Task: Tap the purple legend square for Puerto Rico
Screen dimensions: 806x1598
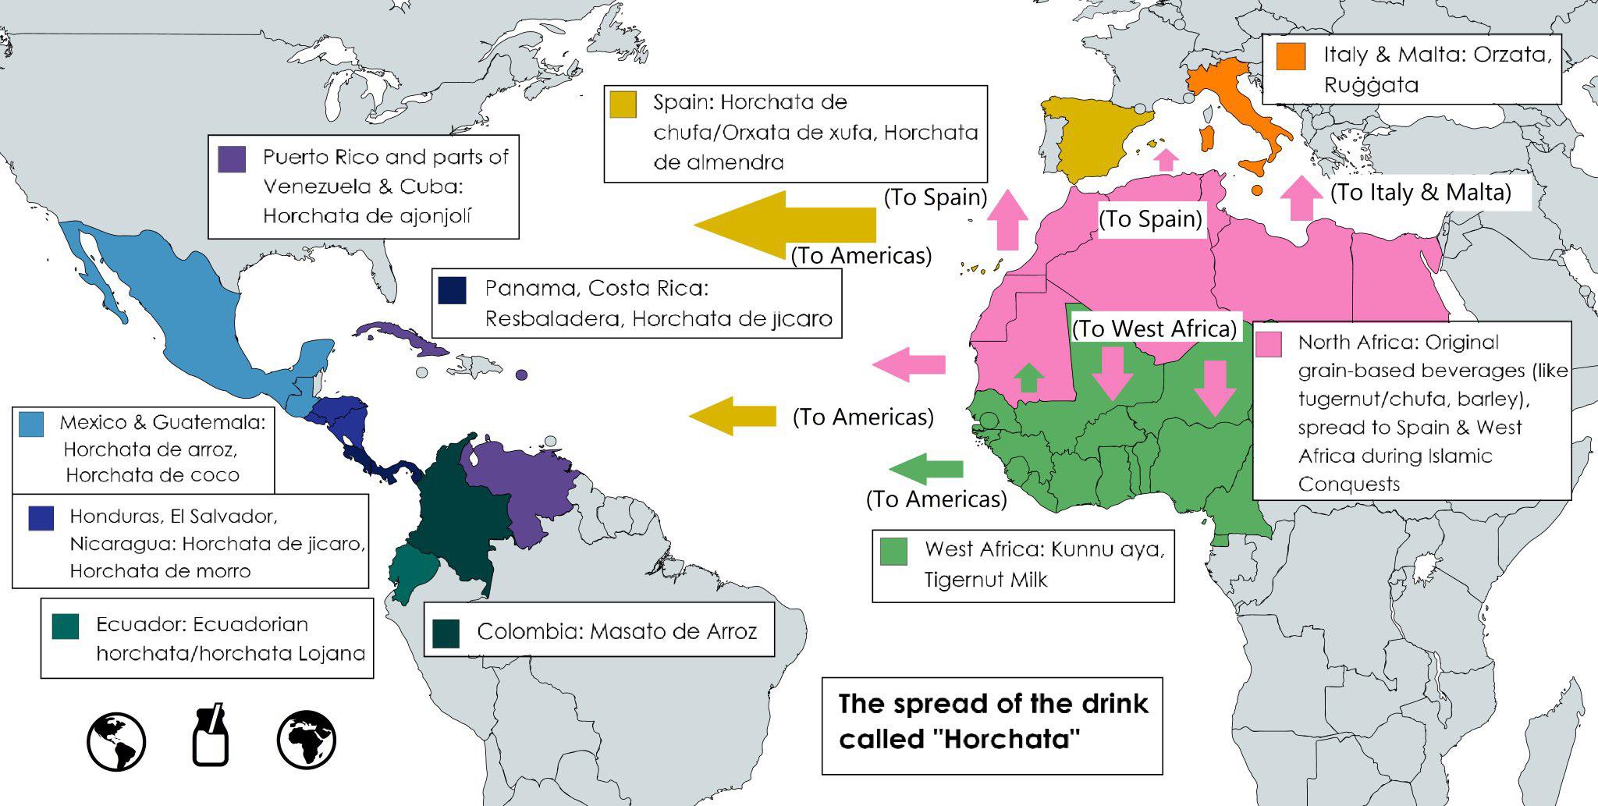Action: pos(233,158)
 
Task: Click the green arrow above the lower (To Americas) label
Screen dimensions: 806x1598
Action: pos(926,468)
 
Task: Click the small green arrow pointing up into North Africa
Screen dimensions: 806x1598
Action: pos(1028,378)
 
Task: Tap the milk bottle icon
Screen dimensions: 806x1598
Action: pos(211,736)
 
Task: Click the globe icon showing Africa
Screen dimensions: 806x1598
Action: pos(307,739)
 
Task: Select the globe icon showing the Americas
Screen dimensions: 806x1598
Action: pos(116,740)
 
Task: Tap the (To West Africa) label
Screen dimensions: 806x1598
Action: pos(1155,328)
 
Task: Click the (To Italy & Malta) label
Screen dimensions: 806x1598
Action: pos(1420,192)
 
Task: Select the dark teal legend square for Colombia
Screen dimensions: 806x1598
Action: pos(446,633)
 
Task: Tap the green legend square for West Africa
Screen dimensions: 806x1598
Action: pos(893,551)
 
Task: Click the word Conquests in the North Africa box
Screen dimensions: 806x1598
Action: pos(1348,484)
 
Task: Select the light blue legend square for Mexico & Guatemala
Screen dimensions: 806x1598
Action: pos(31,424)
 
